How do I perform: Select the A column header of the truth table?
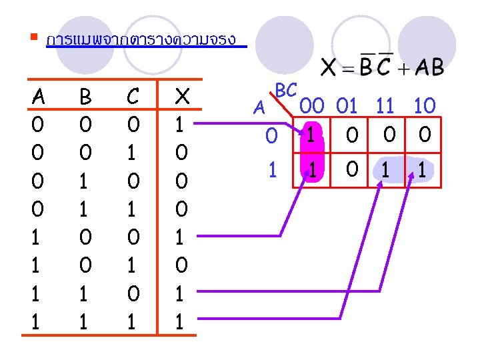[39, 98]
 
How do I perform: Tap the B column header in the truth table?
[86, 98]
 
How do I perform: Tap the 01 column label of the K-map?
[346, 106]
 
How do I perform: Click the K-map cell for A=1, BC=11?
[387, 170]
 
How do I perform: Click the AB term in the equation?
[429, 67]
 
